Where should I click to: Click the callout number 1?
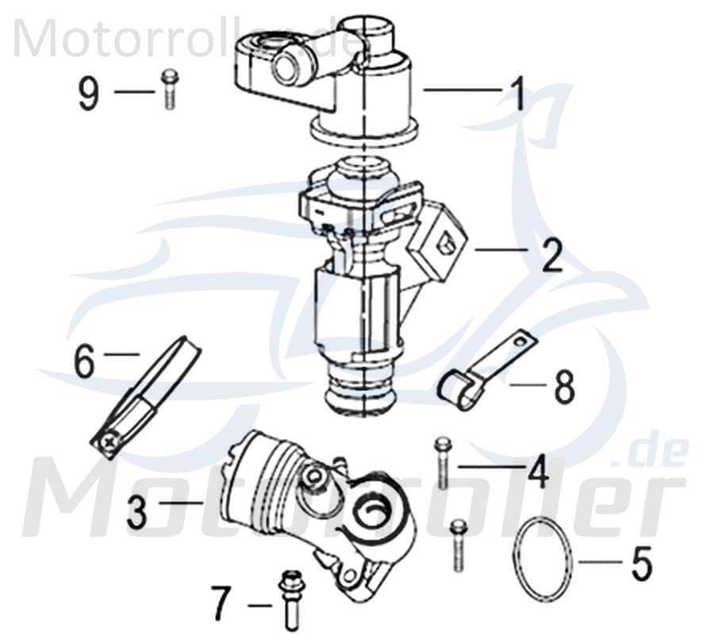[x=517, y=94]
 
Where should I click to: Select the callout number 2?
[x=551, y=255]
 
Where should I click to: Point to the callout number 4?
[x=538, y=471]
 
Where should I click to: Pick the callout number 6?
[x=85, y=362]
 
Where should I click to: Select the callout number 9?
[x=88, y=94]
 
